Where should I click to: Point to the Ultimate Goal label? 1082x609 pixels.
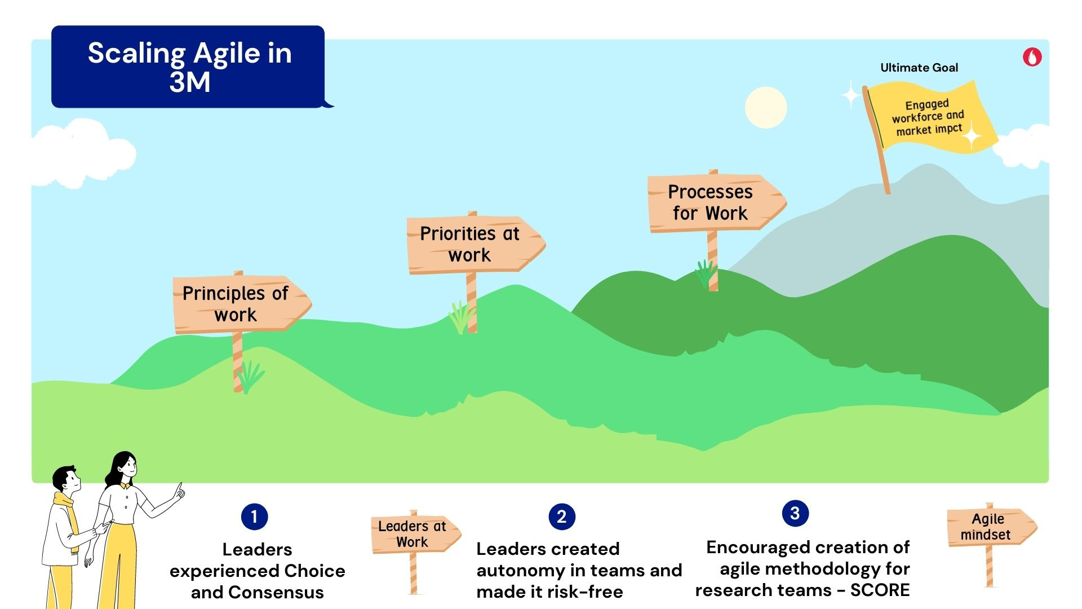pyautogui.click(x=919, y=68)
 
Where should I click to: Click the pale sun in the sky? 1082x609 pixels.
pyautogui.click(x=765, y=107)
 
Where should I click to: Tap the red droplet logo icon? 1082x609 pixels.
pyautogui.click(x=1032, y=57)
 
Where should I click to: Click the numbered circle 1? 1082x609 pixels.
pyautogui.click(x=254, y=517)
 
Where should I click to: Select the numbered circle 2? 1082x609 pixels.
pyautogui.click(x=561, y=517)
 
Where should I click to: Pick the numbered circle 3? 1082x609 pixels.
pyautogui.click(x=795, y=513)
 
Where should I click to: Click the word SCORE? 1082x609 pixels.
pyautogui.click(x=880, y=590)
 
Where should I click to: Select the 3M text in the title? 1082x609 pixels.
pyautogui.click(x=190, y=82)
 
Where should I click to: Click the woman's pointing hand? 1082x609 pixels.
pyautogui.click(x=179, y=492)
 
